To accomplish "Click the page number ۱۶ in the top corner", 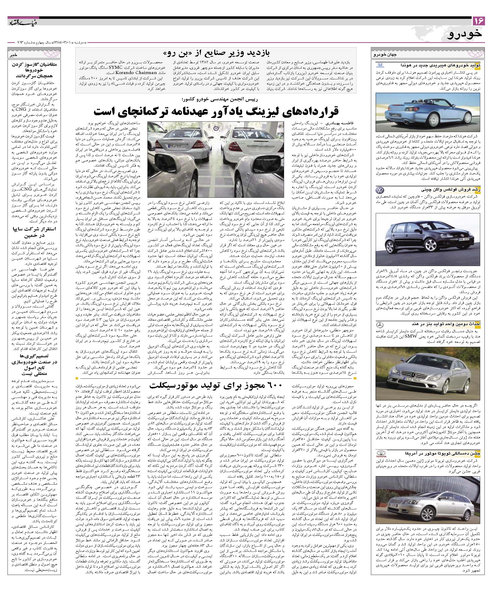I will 478,21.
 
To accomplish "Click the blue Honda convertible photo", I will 427,112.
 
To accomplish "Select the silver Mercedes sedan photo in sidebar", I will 427,372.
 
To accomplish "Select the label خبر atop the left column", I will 13,55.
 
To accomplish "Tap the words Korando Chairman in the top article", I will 113,72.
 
